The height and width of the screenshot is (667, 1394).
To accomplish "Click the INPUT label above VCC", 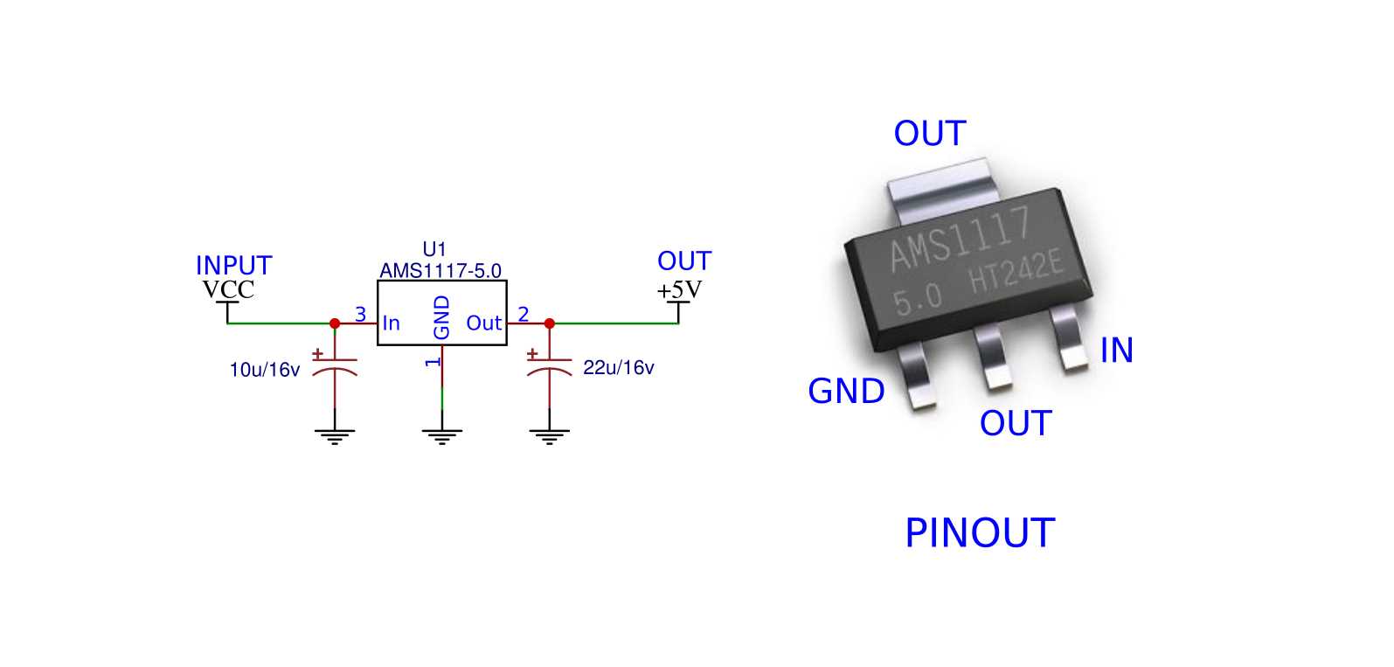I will coord(233,266).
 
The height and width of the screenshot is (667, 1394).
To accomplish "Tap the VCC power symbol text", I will coord(228,289).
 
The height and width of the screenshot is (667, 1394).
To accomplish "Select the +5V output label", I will coord(679,289).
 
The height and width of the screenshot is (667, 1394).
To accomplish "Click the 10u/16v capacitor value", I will coord(264,370).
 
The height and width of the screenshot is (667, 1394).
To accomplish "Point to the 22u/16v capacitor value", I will coord(618,368).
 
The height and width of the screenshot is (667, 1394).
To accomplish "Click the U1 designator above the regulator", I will coord(433,250).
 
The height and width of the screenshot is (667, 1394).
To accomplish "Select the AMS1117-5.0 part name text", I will coord(440,271).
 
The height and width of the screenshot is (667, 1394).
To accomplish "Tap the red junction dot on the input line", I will coord(335,323).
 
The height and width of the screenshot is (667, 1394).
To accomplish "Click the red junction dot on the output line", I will coord(549,323).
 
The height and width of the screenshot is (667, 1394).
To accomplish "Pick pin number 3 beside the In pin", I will coord(360,314).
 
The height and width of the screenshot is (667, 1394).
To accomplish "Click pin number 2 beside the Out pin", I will coord(523,314).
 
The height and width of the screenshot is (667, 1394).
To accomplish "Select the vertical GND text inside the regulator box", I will coord(442,317).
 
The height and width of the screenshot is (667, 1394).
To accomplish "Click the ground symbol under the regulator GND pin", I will coord(441,435).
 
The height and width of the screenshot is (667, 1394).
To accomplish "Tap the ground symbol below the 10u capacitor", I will coord(335,435).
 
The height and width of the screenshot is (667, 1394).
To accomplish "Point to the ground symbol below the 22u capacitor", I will coord(549,435).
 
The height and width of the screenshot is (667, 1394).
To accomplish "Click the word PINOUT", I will coord(979,533).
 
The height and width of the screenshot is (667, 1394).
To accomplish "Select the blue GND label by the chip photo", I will coord(846,392).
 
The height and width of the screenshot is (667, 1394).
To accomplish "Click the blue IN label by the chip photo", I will coord(1116,351).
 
